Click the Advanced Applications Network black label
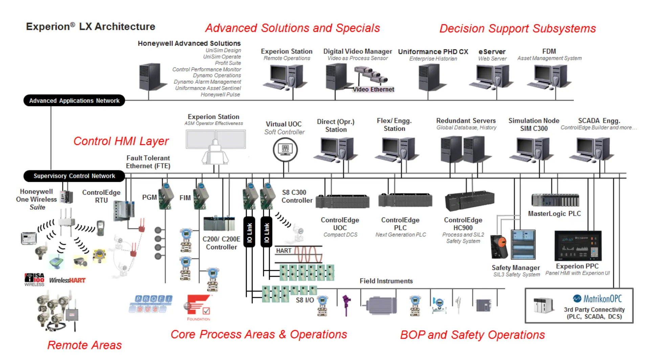(74, 101)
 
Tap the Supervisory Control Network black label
(74, 176)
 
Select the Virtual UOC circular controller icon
(285, 149)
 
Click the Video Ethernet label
(373, 89)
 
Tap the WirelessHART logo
(67, 280)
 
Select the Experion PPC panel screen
(578, 246)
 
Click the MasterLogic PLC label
(554, 214)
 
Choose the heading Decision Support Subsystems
(517, 28)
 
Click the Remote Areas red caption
(84, 345)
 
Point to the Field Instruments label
(386, 281)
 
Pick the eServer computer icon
(491, 77)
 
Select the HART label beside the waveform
(284, 251)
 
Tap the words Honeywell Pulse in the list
(220, 94)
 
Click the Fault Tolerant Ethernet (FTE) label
(148, 162)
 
